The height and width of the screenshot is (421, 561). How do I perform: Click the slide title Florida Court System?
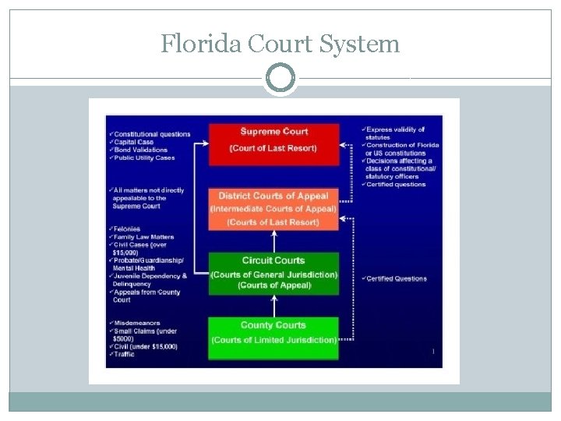click(x=280, y=44)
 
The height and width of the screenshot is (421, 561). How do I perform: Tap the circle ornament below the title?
click(x=280, y=79)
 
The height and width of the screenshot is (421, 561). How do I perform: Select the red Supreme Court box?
click(x=273, y=140)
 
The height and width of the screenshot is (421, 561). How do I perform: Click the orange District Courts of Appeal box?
click(x=273, y=209)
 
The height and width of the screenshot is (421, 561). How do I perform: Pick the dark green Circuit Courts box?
click(x=273, y=273)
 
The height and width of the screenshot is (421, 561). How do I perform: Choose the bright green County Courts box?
click(x=273, y=337)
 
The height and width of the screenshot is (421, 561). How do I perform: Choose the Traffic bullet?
click(x=125, y=354)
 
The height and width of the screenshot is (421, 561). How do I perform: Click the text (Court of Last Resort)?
click(x=273, y=148)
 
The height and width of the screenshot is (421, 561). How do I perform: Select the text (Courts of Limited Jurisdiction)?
click(x=273, y=340)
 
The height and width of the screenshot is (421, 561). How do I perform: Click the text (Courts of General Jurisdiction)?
click(x=273, y=274)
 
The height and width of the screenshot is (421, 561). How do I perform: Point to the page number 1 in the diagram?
click(x=432, y=352)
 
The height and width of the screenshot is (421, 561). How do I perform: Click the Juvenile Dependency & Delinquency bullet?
click(x=150, y=280)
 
